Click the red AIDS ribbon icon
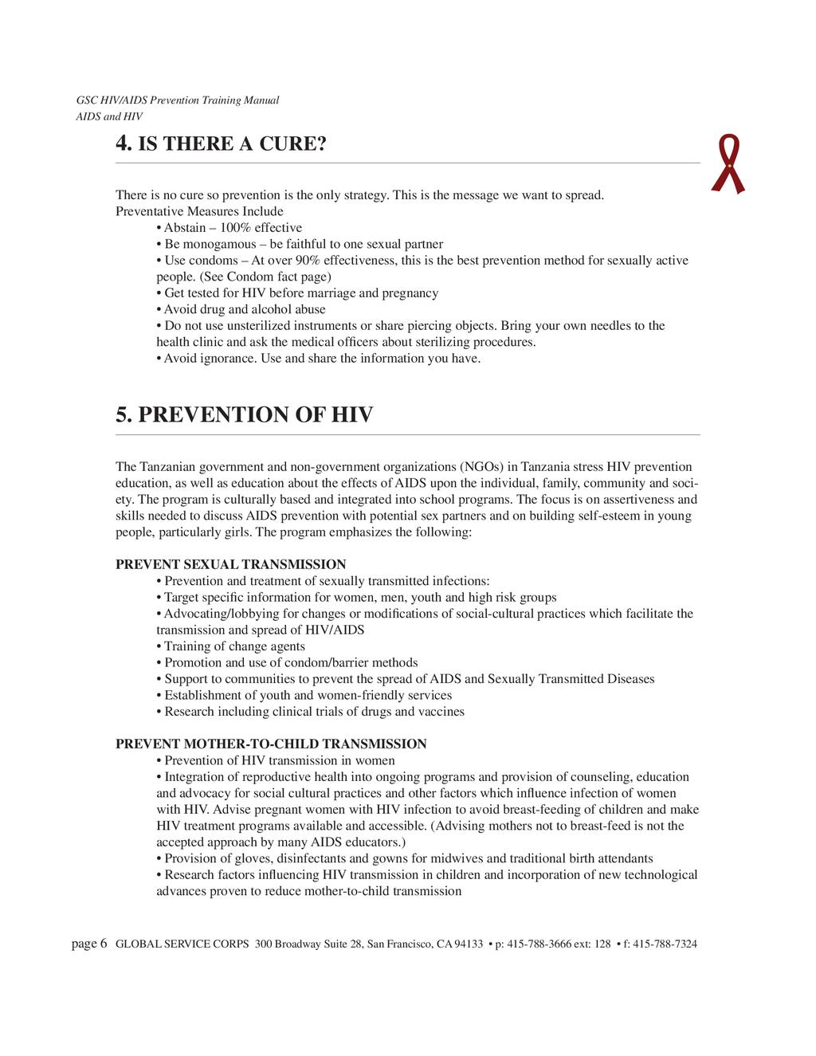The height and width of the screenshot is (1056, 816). coord(728,164)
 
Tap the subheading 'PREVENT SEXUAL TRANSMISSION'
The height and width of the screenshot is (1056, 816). coord(231,564)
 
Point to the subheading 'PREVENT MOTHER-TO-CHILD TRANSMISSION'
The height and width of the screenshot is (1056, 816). coord(271,744)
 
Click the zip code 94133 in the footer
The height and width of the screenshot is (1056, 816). coord(469,944)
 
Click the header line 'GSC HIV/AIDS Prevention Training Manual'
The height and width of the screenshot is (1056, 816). coord(177,100)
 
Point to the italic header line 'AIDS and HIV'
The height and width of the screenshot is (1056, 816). coord(109,116)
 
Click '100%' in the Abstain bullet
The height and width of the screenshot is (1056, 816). coord(236,228)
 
